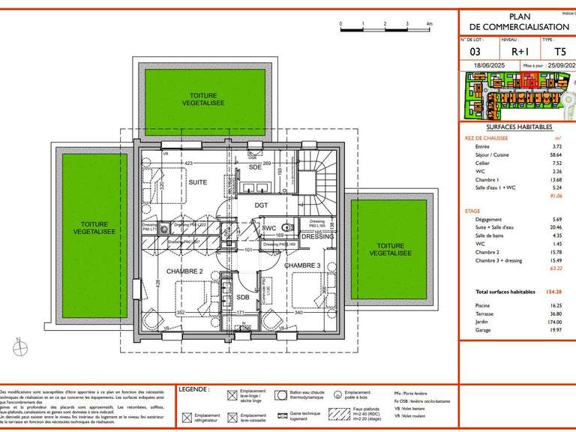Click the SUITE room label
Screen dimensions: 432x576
point(197,182)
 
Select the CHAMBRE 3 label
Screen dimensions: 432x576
point(302,265)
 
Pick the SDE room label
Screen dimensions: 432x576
point(255,167)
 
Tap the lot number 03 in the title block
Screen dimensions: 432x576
point(475,52)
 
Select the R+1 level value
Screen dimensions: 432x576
point(519,52)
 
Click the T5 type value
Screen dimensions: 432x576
point(559,52)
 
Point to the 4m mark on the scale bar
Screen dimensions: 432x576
point(429,24)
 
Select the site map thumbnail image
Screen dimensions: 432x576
point(517,97)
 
